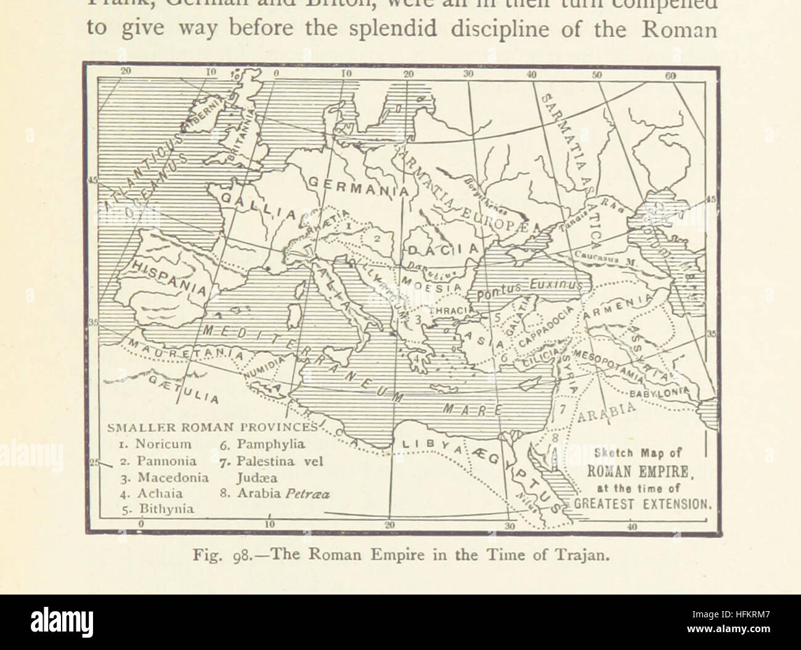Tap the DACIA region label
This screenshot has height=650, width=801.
[442, 250]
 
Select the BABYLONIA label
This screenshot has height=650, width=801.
[657, 391]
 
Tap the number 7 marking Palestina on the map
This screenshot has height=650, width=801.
[562, 407]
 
